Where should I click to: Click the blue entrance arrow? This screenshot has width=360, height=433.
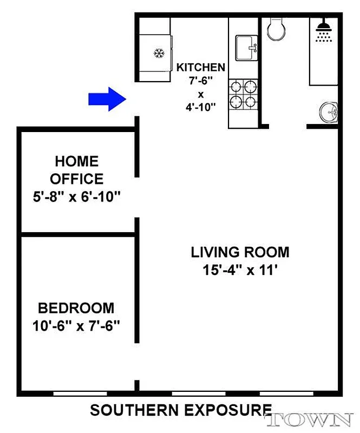tap(107, 99)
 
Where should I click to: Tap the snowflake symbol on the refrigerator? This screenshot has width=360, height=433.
tap(159, 53)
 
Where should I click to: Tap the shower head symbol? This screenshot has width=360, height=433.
tap(324, 31)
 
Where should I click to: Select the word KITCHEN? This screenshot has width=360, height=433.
tap(200, 68)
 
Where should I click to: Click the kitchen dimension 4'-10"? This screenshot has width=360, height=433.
tap(200, 107)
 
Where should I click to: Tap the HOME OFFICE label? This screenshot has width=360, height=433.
tap(76, 169)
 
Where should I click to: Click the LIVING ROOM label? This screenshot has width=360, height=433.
tap(240, 252)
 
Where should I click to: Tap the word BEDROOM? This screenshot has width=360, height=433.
tap(76, 308)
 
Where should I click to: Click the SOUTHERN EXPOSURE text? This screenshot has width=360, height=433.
tap(180, 410)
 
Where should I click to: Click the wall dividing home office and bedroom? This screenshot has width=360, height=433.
tap(77, 234)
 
